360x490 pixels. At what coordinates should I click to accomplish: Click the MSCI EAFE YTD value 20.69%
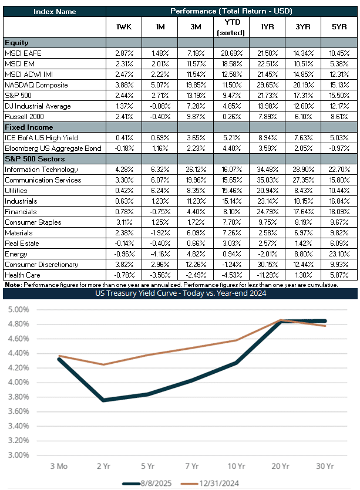coord(231,53)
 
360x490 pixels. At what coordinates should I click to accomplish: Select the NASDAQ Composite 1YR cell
coord(267,85)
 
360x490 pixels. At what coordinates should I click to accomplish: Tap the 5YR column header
coord(339,27)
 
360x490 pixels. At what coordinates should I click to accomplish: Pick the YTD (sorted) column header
coord(231,27)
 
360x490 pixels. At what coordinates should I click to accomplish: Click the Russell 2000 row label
coord(25,117)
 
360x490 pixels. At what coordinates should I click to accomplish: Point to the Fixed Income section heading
coord(29,127)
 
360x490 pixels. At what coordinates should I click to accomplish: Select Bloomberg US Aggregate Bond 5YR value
coord(339,148)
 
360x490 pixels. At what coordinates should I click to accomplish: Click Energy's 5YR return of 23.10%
coord(339,254)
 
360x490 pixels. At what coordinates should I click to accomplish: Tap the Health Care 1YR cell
coord(267,275)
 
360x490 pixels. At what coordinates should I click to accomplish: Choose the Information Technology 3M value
coord(196,170)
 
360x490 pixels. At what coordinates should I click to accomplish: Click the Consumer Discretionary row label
coord(42,265)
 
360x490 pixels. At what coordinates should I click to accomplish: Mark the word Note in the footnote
coord(12,285)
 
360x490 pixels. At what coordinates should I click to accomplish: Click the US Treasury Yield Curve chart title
coord(180,293)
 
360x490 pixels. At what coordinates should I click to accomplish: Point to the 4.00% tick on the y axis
coord(18,382)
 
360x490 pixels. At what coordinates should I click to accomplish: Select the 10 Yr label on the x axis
coord(237,467)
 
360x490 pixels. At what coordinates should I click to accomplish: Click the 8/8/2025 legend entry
coord(147,484)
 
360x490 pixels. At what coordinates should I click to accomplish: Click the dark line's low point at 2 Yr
coord(103,400)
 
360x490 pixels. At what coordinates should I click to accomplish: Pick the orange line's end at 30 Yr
coord(325,326)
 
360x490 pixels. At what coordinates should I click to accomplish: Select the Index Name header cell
coord(55,12)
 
